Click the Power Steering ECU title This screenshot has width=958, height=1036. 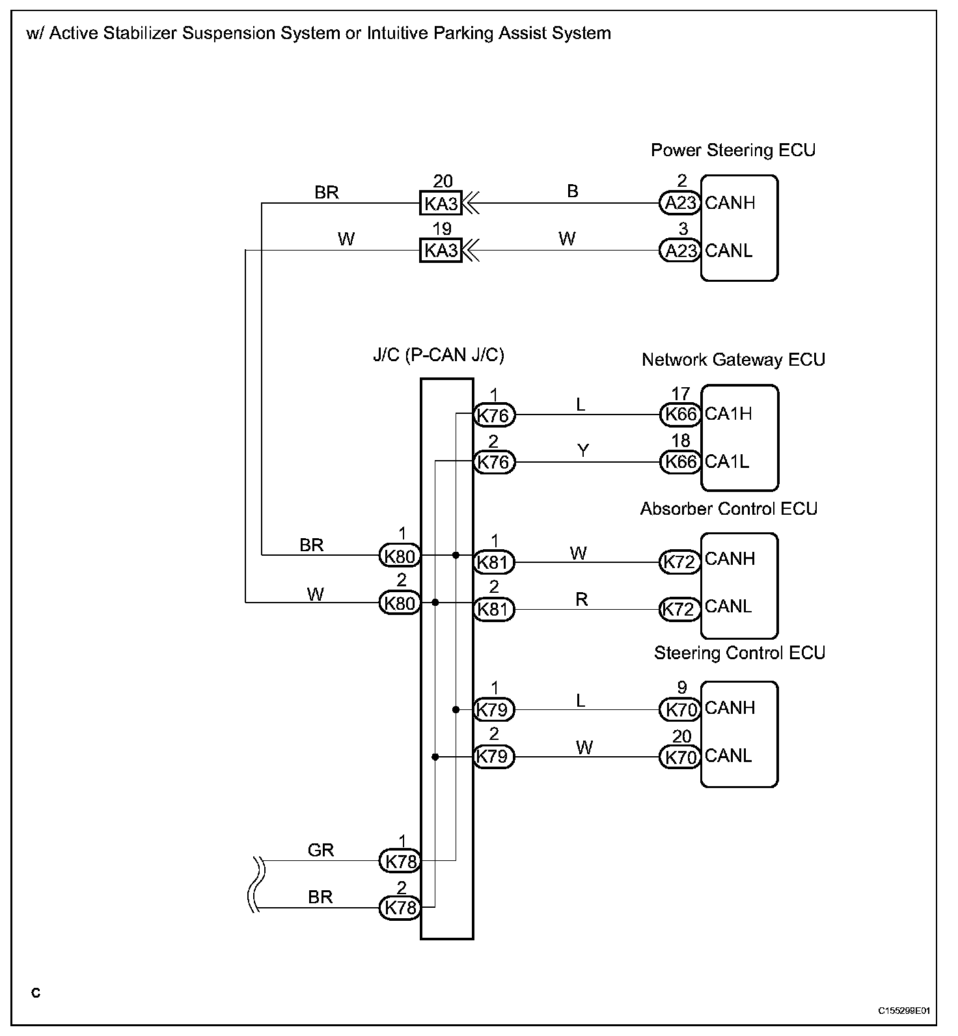[x=733, y=150]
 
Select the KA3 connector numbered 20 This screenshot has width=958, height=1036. [x=441, y=204]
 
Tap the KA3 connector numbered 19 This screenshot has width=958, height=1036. [x=441, y=251]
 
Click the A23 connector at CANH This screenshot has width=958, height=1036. [x=680, y=203]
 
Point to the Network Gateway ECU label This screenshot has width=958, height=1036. [x=733, y=360]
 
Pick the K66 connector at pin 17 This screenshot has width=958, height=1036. [x=680, y=414]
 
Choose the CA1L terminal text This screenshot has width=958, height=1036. [x=727, y=461]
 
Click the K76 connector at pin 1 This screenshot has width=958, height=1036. [x=494, y=415]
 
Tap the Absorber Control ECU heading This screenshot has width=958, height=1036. [x=729, y=509]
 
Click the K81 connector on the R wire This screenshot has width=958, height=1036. [x=494, y=610]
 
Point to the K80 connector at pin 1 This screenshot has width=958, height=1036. [x=400, y=556]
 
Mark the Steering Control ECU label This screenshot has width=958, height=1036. [x=739, y=653]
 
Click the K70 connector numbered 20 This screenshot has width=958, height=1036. [x=680, y=757]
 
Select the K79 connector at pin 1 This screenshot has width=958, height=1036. [x=494, y=709]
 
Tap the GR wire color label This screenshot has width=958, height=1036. [x=320, y=850]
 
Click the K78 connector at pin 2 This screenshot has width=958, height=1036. [x=400, y=907]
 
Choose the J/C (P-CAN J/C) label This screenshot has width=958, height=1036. [x=438, y=355]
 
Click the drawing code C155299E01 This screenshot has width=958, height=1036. [x=903, y=1011]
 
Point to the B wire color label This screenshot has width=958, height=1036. [x=573, y=191]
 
